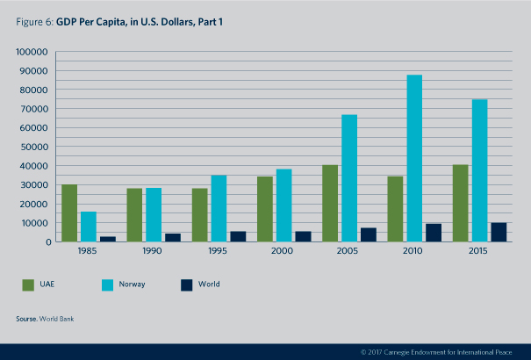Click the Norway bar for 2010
[x=413, y=158]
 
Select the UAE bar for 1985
[x=69, y=213]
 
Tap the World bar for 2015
[x=499, y=232]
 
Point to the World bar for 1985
[x=107, y=238]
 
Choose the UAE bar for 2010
[x=395, y=209]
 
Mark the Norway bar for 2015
[x=479, y=170]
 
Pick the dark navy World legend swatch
[x=186, y=284]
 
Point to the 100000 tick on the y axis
[x=32, y=52]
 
